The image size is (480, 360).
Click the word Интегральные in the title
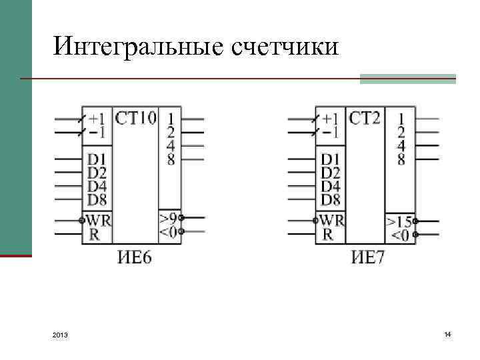tap(137, 47)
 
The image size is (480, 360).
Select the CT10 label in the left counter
tap(136, 118)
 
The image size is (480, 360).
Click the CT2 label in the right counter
tap(365, 118)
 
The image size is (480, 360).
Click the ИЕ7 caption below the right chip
tap(368, 257)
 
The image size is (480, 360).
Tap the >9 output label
tap(168, 217)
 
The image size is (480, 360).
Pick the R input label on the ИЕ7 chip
tap(328, 234)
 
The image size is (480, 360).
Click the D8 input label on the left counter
tap(97, 199)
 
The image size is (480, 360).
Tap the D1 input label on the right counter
tap(330, 159)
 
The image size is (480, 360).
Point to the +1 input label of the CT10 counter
tap(97, 119)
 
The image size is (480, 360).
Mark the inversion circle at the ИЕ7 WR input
tap(315, 220)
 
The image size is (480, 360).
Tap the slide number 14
tap(447, 333)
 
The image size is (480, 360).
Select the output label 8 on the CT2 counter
tap(401, 159)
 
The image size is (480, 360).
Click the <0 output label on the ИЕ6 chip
tap(168, 231)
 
